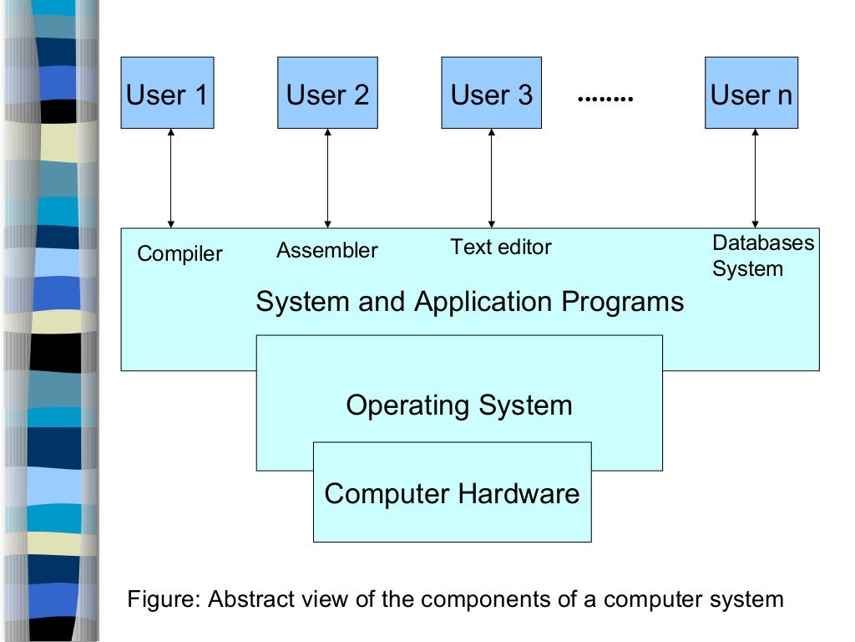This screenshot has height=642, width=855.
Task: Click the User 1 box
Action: [167, 93]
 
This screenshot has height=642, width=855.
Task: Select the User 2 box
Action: [327, 93]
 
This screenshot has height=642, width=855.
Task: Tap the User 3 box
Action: [491, 93]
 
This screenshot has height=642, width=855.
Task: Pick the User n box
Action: [751, 93]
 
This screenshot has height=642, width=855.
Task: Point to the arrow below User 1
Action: [170, 178]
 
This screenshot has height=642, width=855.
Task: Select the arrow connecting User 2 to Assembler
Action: [327, 178]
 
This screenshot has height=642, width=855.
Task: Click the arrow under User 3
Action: [491, 178]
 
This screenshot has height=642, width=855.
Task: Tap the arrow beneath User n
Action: [755, 178]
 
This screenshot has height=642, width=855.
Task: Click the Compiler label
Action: [180, 253]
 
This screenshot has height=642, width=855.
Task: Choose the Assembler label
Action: [326, 250]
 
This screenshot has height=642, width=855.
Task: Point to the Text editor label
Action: [501, 247]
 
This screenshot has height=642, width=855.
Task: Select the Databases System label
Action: [762, 256]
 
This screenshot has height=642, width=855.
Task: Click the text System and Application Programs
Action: [469, 301]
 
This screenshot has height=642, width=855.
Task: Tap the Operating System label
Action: [459, 405]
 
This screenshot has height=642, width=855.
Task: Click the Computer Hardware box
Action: [452, 493]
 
